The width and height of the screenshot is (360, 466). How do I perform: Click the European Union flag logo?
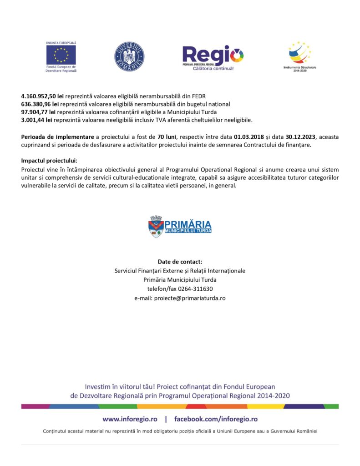61,55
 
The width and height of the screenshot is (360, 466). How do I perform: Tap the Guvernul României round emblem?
129,57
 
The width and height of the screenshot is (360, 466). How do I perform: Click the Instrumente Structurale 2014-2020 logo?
299,56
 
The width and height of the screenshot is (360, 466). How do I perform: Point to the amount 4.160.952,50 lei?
42,96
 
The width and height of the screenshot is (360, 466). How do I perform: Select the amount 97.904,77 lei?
38,112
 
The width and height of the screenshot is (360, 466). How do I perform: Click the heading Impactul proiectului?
49,161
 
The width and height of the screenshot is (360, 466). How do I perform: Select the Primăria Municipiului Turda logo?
180,227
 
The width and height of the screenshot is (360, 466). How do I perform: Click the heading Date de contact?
180,262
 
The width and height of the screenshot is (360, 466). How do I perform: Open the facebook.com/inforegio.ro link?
216,419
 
